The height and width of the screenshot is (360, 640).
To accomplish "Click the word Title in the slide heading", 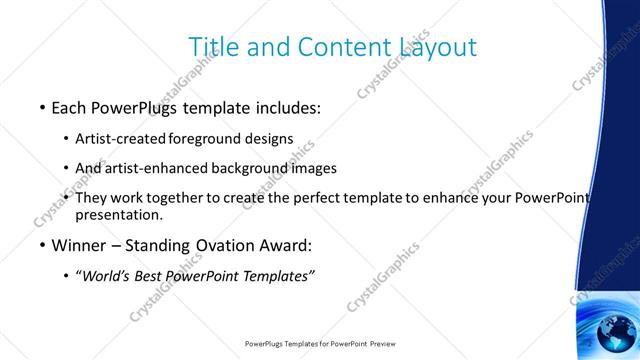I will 214,47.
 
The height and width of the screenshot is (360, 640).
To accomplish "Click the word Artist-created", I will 120,138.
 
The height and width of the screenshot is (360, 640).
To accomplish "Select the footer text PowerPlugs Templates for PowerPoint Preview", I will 320,344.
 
